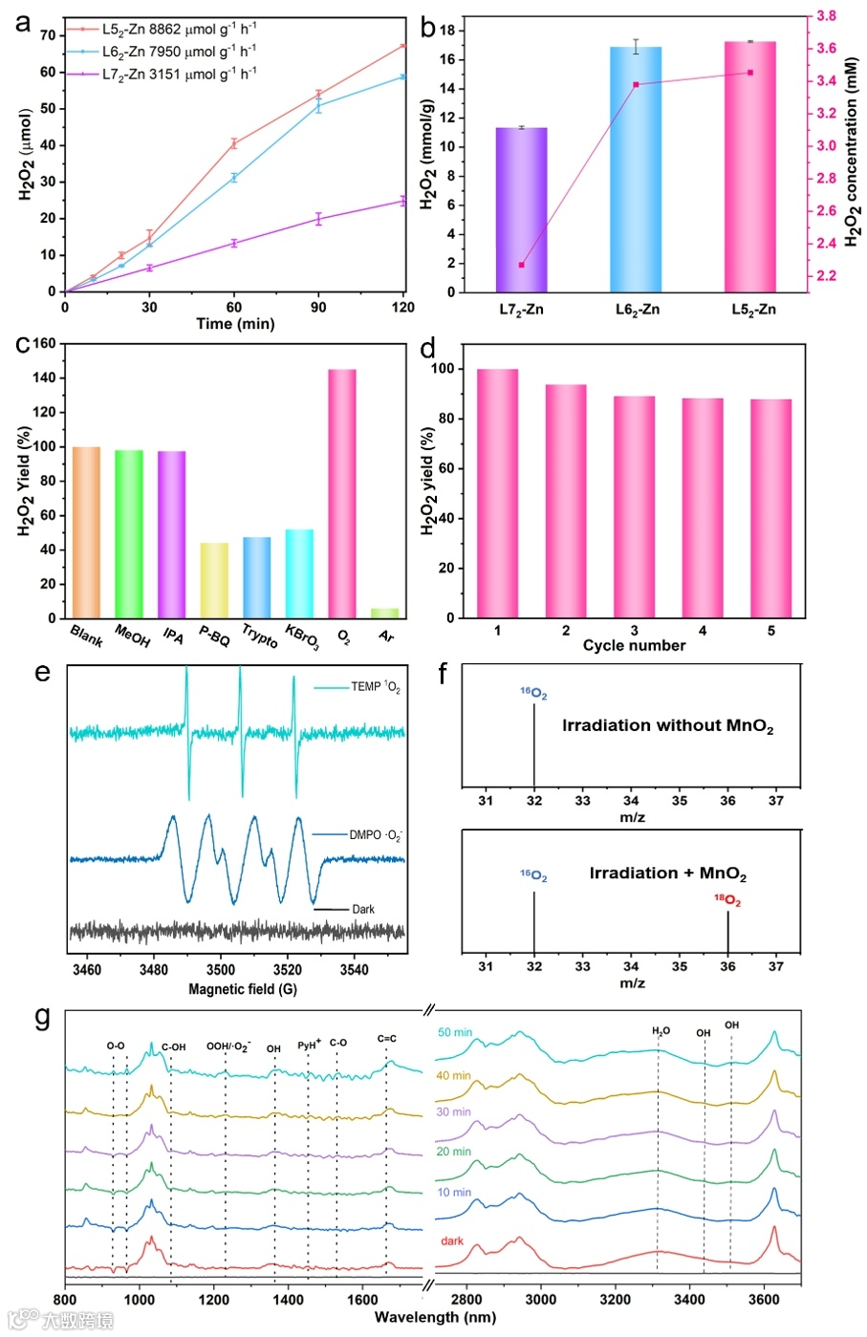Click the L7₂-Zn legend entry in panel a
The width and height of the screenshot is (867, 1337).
pos(178,74)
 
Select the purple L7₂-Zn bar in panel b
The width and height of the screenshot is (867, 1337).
pos(521,209)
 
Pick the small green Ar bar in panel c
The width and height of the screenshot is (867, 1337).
pos(384,613)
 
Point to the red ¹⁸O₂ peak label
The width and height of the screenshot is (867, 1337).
pos(727,900)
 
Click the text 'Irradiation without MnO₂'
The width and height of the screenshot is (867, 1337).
pos(667,726)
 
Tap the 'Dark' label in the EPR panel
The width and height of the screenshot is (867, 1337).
pos(363,909)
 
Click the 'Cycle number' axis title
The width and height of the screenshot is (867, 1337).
pos(634,646)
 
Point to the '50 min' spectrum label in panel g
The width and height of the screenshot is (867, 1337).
pos(454,1032)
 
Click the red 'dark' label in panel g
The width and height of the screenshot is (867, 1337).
pos(452,1241)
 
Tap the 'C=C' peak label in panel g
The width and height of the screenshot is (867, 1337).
pos(386,1039)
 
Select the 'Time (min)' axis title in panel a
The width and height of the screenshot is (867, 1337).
pos(235,324)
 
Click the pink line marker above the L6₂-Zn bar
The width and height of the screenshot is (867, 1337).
pos(636,84)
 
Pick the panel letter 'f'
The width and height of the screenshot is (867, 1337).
pos(443,674)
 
